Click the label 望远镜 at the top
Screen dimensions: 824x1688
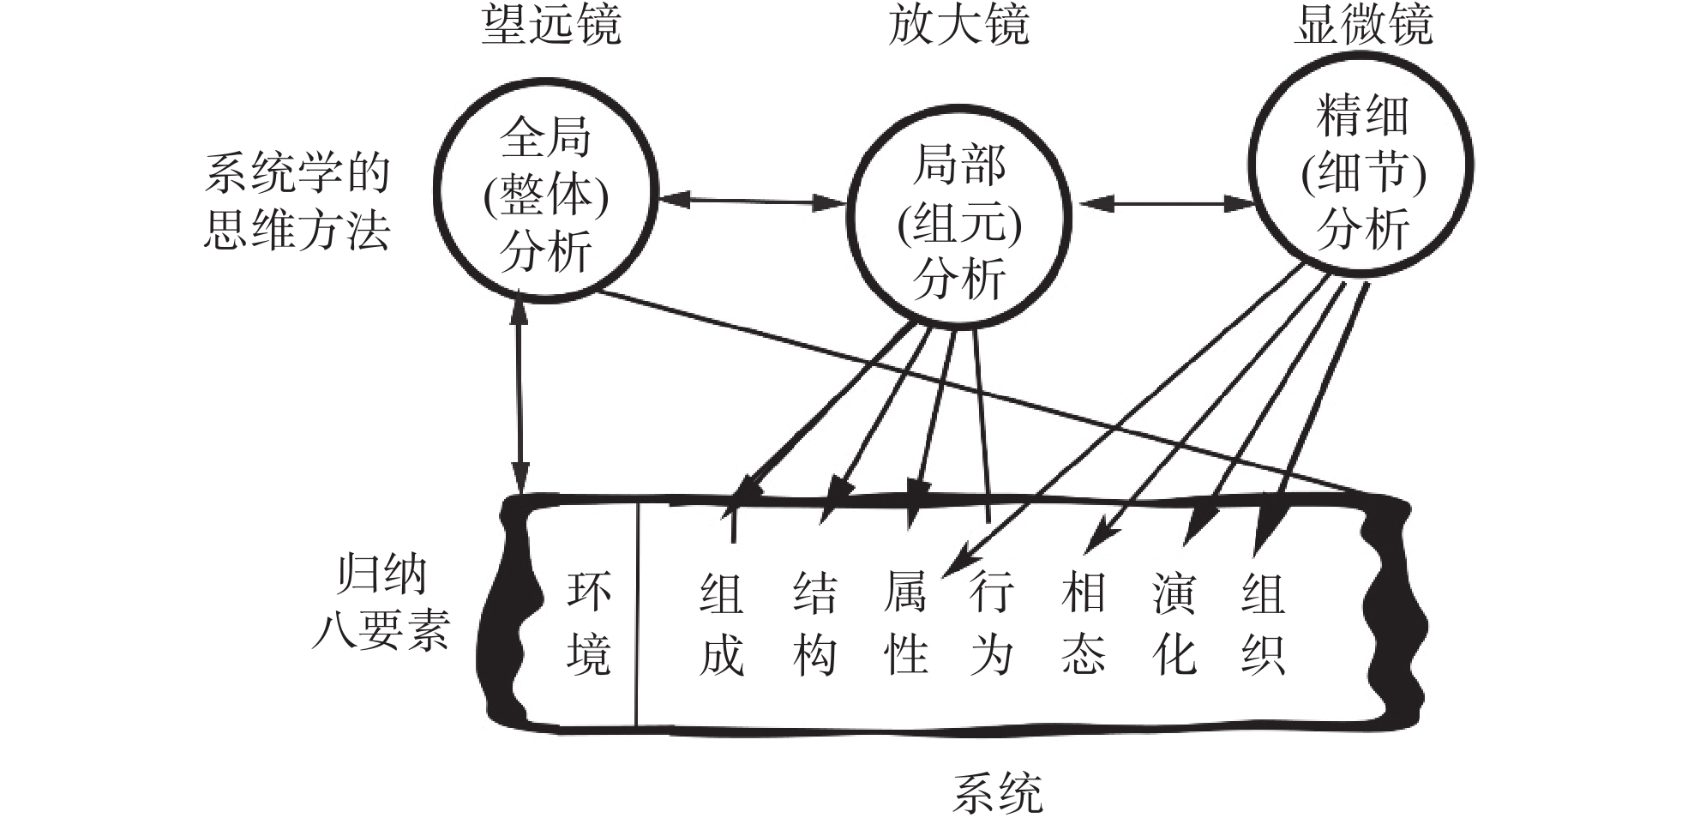[550, 24]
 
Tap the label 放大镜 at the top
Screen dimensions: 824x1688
[958, 24]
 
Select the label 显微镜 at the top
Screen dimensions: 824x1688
[1362, 24]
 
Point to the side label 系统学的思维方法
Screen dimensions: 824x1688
[297, 202]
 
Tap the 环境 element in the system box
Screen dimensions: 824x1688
[589, 623]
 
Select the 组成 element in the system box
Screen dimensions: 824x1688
[721, 623]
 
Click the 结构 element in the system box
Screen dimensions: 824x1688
[814, 623]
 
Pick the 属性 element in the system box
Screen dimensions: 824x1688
[905, 623]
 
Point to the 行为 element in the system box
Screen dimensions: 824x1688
[992, 623]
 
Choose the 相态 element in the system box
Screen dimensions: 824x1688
[1083, 623]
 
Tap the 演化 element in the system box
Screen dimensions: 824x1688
[1174, 623]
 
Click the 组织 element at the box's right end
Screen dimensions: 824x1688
[1262, 623]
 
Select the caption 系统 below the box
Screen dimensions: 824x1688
[997, 793]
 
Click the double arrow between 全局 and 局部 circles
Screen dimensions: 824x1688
[753, 201]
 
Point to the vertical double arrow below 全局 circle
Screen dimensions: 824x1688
[520, 394]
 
